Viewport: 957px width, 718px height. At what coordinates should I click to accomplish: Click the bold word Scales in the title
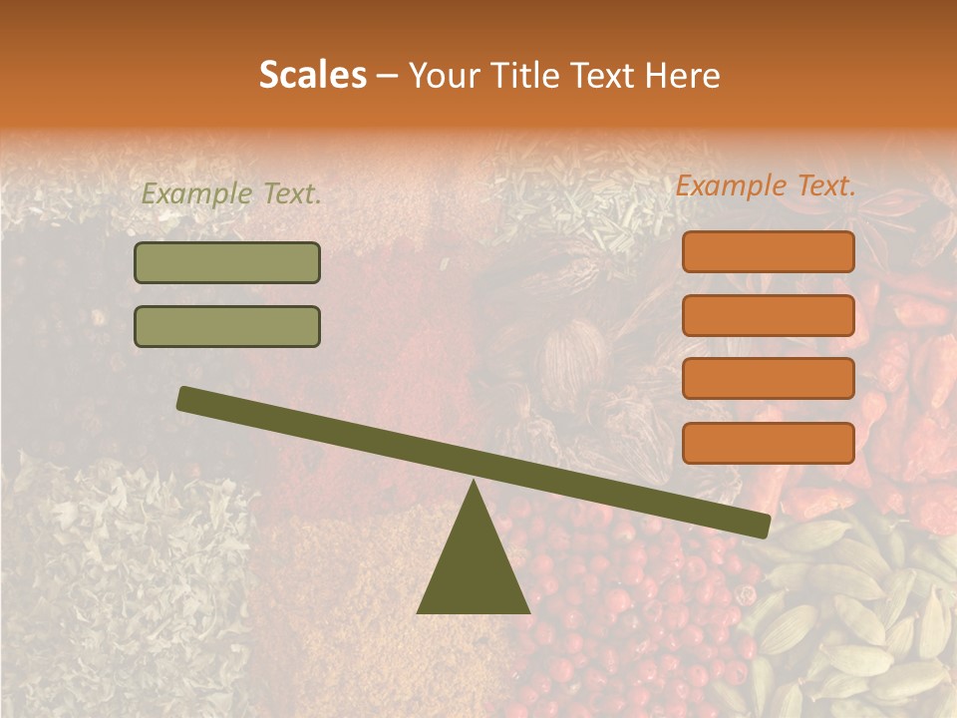click(312, 76)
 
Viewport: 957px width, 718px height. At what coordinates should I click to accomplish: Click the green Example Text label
click(231, 194)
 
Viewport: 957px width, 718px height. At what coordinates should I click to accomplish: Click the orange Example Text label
click(766, 185)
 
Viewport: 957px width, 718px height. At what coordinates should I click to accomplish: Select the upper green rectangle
click(227, 262)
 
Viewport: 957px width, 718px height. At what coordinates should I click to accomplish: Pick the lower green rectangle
click(227, 326)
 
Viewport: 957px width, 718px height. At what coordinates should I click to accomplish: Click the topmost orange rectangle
click(768, 251)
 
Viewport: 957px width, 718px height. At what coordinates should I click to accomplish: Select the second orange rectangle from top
click(768, 315)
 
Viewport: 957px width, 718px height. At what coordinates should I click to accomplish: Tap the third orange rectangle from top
click(768, 379)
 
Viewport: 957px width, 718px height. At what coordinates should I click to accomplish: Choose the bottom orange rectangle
click(768, 443)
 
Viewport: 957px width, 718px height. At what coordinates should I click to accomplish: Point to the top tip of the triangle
click(474, 482)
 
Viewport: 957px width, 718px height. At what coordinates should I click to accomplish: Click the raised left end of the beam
click(185, 398)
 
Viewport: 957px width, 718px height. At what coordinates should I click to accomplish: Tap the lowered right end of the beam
click(762, 526)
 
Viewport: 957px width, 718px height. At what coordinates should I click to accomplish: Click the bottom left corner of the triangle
click(419, 611)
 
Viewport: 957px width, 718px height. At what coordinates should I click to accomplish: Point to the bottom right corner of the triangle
click(528, 611)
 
